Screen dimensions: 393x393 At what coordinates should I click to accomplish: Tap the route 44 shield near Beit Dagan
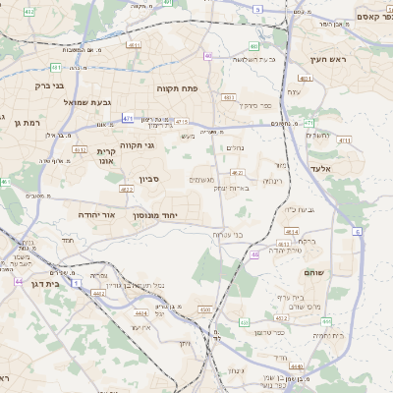[19, 281]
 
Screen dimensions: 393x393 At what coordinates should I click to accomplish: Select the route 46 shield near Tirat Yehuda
[254, 254]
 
